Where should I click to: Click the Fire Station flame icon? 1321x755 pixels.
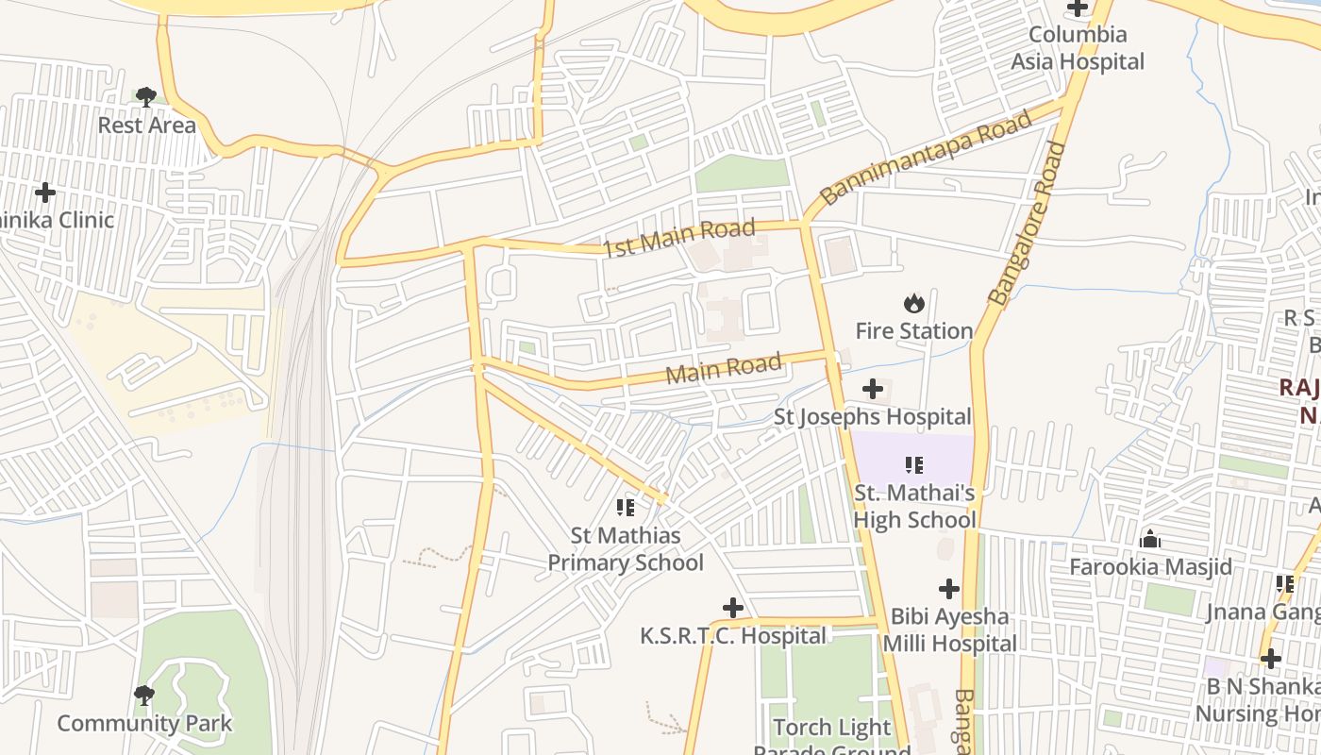click(x=913, y=303)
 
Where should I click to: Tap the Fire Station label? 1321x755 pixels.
click(x=913, y=331)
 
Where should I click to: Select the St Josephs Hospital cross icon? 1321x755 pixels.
click(x=873, y=388)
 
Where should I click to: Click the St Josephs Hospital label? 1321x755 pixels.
click(x=873, y=416)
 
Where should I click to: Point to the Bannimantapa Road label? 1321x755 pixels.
click(x=926, y=158)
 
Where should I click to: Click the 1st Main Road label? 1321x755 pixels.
click(x=679, y=237)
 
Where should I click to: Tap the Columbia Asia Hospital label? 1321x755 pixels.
click(x=1078, y=48)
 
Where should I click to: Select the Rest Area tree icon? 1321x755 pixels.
click(x=145, y=95)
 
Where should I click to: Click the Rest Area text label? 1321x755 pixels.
click(x=147, y=125)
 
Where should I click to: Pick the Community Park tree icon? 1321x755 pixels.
click(x=144, y=696)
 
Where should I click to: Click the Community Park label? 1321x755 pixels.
click(x=144, y=724)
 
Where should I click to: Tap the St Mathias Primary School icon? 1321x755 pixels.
click(x=626, y=508)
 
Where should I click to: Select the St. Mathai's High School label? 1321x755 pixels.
click(x=914, y=506)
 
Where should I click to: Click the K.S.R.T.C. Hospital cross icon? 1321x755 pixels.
click(x=732, y=607)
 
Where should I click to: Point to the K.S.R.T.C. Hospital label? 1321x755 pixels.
click(x=733, y=636)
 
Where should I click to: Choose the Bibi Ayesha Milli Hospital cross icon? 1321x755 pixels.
click(x=949, y=589)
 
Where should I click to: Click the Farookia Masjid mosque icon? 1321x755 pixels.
click(x=1150, y=539)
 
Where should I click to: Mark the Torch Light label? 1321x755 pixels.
click(x=831, y=728)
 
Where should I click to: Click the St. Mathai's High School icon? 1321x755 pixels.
click(x=913, y=464)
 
